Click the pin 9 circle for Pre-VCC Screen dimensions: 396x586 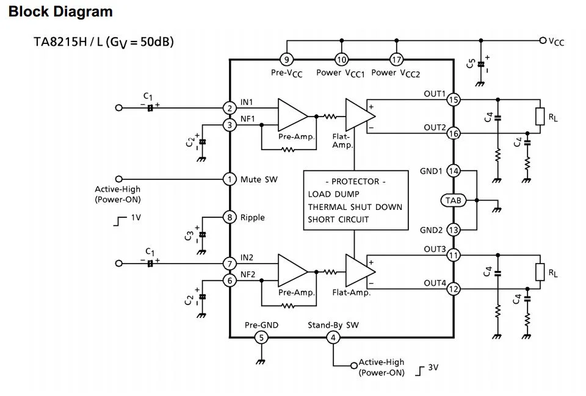coord(286,59)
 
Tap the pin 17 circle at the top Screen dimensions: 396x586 coord(397,59)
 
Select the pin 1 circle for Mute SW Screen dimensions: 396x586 coord(230,179)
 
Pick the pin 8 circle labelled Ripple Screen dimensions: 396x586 coord(230,217)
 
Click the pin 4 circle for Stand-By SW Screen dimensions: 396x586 coord(333,337)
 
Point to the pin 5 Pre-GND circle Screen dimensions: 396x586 coord(261,337)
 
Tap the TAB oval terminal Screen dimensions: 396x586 coord(453,200)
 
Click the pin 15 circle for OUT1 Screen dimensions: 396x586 coord(453,100)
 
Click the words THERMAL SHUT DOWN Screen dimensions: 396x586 coord(355,207)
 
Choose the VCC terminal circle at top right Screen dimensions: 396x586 coord(543,41)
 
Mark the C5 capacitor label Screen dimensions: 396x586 coord(471,63)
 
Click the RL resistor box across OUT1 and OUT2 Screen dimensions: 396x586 coord(540,116)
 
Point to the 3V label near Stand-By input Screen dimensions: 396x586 coord(433,367)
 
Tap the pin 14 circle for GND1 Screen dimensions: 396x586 coord(453,171)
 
